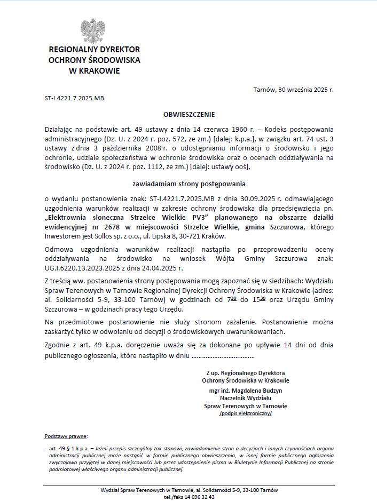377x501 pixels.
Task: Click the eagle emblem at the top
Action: coord(94,31)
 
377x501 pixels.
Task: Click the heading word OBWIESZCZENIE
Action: coord(189,114)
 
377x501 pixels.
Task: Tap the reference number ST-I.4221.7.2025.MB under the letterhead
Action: coord(74,99)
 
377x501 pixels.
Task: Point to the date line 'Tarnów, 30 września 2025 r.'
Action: coord(293,90)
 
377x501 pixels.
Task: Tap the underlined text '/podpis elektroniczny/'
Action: coord(246,413)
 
